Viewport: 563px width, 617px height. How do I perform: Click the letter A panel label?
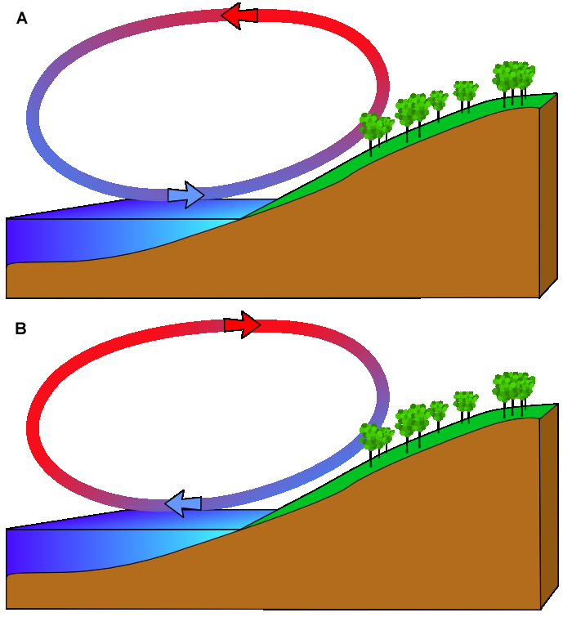click(x=22, y=19)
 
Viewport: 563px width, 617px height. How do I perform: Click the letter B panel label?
click(x=21, y=329)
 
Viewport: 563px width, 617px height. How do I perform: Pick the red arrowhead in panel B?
click(x=243, y=324)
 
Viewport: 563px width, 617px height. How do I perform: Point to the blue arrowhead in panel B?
click(x=183, y=503)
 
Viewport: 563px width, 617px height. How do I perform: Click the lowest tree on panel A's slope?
click(x=374, y=129)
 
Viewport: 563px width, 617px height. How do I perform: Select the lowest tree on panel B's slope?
click(x=374, y=440)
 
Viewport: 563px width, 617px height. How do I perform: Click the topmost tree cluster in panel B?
click(x=513, y=389)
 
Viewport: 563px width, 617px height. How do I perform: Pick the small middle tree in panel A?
click(x=439, y=101)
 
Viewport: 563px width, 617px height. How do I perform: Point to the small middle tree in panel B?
click(x=439, y=411)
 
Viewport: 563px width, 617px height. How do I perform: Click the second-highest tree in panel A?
click(x=465, y=92)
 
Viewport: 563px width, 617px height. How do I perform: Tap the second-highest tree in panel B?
click(x=465, y=401)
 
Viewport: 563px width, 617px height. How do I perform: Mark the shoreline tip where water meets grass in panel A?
click(x=241, y=218)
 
